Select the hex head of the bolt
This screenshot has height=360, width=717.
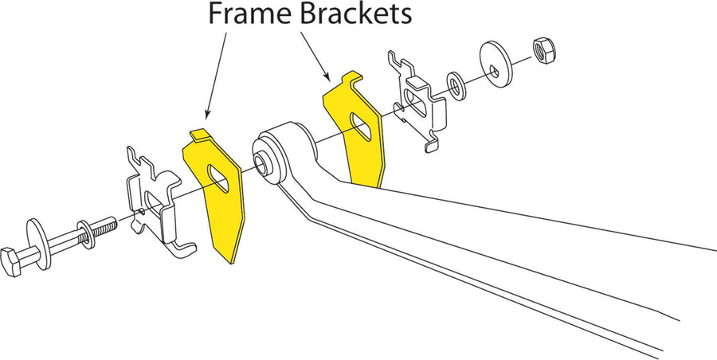point(11,261)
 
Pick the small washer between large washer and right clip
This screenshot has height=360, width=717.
point(456,86)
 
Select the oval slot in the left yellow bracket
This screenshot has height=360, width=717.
point(218,178)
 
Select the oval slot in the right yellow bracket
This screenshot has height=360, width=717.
point(361,126)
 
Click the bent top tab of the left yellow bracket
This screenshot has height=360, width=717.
point(200,135)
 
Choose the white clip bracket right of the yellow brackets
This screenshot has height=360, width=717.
point(417,102)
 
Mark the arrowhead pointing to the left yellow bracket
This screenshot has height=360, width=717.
point(207,115)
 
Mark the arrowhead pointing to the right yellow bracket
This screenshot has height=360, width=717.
point(327,76)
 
